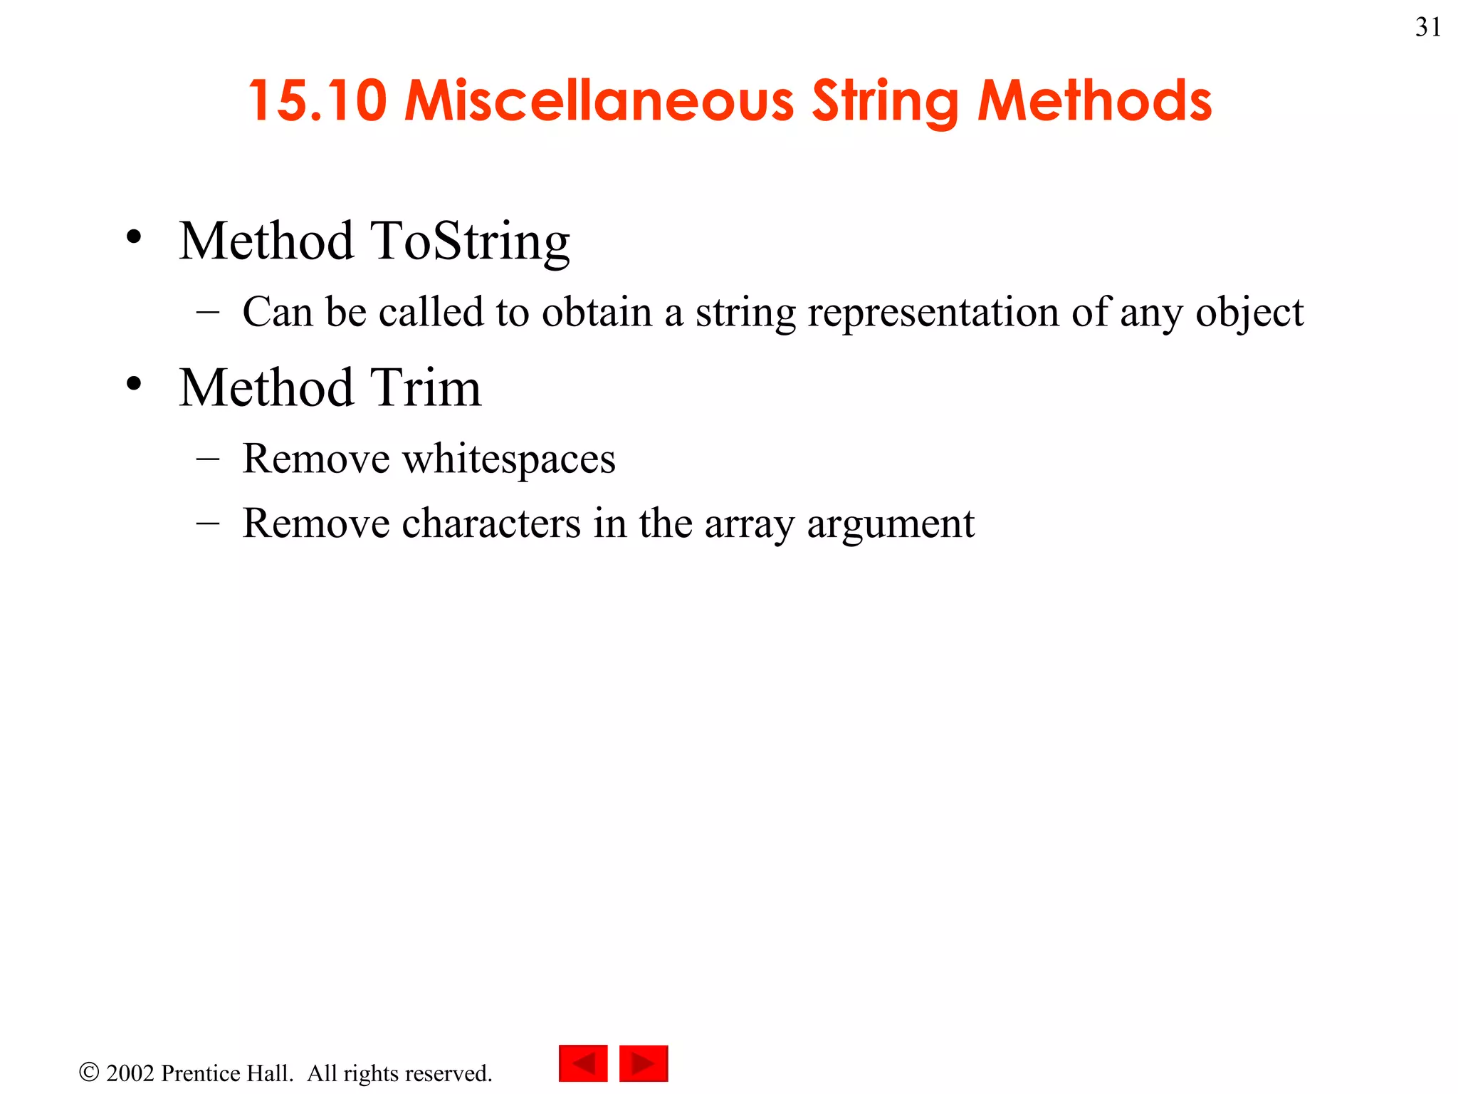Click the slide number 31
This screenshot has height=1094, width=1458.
click(1428, 27)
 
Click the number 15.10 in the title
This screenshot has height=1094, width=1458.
click(318, 100)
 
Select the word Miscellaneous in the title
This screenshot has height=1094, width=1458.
click(599, 100)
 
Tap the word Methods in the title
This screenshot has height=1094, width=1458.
click(1094, 100)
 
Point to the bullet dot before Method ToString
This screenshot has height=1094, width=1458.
click(134, 238)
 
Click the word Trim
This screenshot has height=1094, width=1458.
click(425, 388)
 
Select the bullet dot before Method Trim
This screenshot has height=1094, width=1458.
click(134, 385)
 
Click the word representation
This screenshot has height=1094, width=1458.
click(933, 313)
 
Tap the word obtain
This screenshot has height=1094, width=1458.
click(597, 312)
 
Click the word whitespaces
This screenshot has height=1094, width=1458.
click(508, 459)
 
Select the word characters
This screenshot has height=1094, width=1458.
click(491, 523)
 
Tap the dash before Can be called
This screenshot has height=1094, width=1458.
click(207, 312)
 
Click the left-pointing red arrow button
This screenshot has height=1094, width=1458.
click(583, 1063)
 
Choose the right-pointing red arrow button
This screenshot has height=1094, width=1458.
click(644, 1063)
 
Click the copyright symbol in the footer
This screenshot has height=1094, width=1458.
click(89, 1072)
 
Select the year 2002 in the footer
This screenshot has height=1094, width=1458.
click(130, 1073)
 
